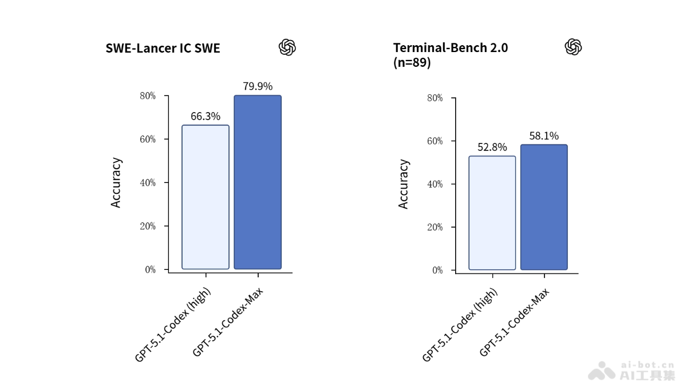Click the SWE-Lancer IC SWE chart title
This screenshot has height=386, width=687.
pos(163,49)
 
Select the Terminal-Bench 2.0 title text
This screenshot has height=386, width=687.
pos(450,48)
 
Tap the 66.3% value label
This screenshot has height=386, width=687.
pos(206,117)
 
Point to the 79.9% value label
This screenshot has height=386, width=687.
pos(258,86)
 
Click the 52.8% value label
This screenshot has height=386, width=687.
pos(492,148)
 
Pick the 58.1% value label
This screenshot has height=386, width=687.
pos(544,136)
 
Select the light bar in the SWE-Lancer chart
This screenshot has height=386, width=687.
pos(206,197)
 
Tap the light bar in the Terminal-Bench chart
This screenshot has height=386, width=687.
pos(492,213)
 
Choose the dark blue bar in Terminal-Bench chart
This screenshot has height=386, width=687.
pos(544,207)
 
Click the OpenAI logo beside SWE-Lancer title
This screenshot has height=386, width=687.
pos(287,47)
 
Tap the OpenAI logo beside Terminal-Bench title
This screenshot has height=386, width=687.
pos(573,47)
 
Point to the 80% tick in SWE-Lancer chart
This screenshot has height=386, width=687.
pos(148,96)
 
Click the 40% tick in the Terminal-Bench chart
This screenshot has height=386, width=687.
pos(435,184)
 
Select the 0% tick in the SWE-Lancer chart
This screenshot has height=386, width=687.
pos(150,269)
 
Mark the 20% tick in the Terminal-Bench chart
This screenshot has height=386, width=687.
pos(435,227)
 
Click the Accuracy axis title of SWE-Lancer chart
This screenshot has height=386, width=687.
pos(116,182)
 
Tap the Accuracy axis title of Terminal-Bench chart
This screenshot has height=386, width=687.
pos(404,184)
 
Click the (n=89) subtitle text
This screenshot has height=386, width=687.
pos(412,63)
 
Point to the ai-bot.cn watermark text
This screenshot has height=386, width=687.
pos(647,364)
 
